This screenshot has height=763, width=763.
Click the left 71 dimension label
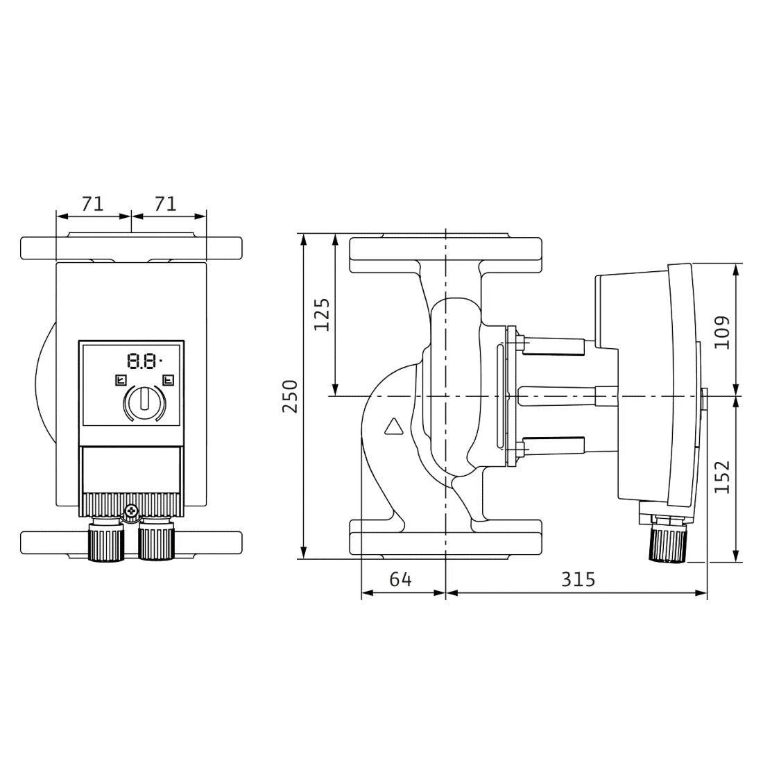pyautogui.click(x=92, y=204)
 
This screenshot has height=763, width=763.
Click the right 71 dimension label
pyautogui.click(x=166, y=204)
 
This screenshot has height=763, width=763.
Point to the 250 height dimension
pyautogui.click(x=290, y=396)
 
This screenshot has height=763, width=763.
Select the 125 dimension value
pyautogui.click(x=322, y=314)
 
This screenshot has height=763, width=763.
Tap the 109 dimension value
pyautogui.click(x=722, y=332)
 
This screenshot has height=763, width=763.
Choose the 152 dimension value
pyautogui.click(x=722, y=477)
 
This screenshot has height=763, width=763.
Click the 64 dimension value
pyautogui.click(x=400, y=579)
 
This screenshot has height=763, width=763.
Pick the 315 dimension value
pyautogui.click(x=578, y=579)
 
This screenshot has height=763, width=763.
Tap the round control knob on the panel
pyautogui.click(x=145, y=404)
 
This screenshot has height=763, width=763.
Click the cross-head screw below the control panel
pyautogui.click(x=131, y=511)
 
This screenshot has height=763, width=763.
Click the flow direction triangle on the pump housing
pyautogui.click(x=394, y=426)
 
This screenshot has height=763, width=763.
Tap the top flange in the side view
pyautogui.click(x=445, y=255)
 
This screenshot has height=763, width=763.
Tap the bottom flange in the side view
pyautogui.click(x=445, y=537)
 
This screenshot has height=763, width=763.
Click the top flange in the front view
pyautogui.click(x=131, y=248)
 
